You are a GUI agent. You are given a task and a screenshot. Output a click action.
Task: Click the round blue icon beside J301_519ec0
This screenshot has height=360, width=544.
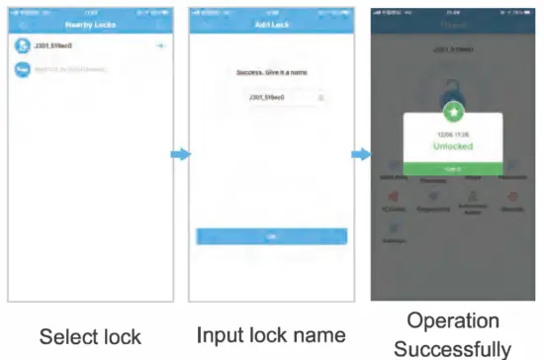23,45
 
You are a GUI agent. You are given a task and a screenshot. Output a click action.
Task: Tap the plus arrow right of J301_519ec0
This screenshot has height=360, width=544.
159,46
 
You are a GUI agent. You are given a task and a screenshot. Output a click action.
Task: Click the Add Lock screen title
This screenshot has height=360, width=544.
271,22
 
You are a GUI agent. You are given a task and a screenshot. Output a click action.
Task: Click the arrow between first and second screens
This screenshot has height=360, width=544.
179,154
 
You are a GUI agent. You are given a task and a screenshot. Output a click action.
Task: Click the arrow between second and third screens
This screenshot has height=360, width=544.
362,154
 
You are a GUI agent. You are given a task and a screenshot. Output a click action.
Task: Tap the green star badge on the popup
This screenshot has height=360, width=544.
454,112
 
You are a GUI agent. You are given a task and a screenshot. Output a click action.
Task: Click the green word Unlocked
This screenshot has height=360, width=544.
454,145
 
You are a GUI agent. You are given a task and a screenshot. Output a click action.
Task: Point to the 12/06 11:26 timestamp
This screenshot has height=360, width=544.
454,132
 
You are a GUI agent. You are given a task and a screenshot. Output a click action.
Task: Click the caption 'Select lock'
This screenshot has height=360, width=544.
90,336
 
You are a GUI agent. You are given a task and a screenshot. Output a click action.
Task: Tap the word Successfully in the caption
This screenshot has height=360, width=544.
452,347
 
